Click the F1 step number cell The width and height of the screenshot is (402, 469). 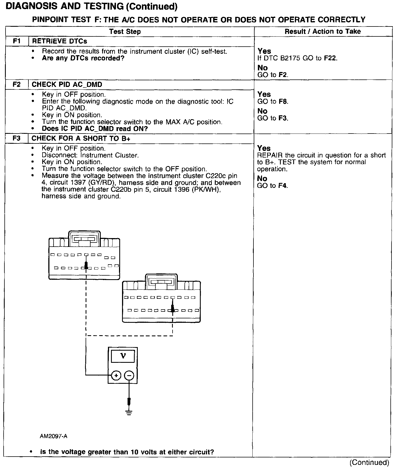coord(17,41)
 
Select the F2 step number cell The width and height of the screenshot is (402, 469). coord(17,84)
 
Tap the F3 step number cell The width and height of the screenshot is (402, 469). coord(17,138)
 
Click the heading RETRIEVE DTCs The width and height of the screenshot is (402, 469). coord(60,41)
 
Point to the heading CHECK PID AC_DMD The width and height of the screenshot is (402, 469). coord(67,84)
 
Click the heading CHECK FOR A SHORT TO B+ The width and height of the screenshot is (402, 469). coord(81,138)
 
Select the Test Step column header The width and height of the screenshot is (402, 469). coord(125,31)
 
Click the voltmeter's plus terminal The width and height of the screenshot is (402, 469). coord(116,375)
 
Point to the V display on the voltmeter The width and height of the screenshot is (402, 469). coord(123,356)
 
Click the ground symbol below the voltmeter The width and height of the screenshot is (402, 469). coord(129,413)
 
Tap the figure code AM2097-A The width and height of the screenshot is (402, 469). coord(54,436)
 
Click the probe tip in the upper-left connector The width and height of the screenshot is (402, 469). coord(86,265)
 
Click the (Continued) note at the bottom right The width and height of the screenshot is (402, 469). coord(369,462)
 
